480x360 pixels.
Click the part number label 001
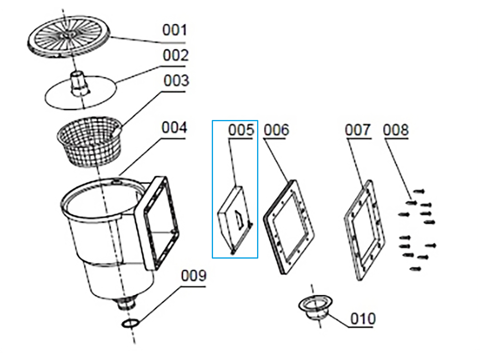175,30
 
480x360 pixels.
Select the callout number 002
175,55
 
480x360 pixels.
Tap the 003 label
176,81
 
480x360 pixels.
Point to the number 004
174,127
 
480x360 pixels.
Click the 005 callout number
241,130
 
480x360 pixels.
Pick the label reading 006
276,130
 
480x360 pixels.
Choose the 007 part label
358,130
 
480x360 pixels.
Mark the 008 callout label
396,130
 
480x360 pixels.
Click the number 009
194,276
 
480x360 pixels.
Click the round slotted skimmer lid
69,37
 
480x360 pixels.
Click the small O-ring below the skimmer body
130,323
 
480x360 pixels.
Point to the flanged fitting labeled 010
315,307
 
